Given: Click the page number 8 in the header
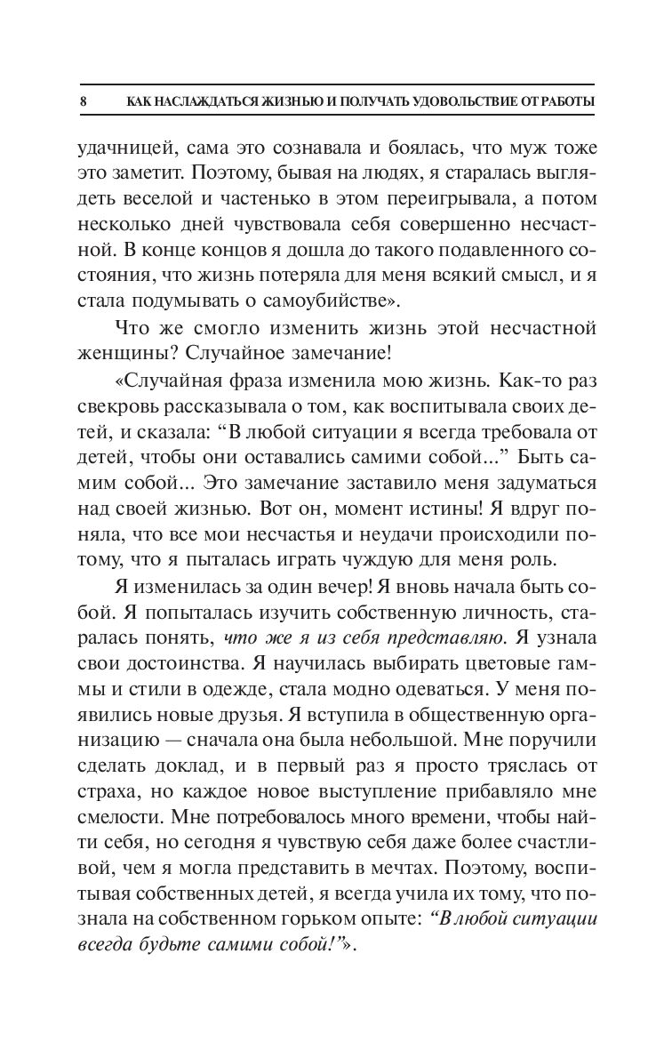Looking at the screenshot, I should tap(83, 102).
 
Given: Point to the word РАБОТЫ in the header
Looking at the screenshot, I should tap(567, 102).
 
